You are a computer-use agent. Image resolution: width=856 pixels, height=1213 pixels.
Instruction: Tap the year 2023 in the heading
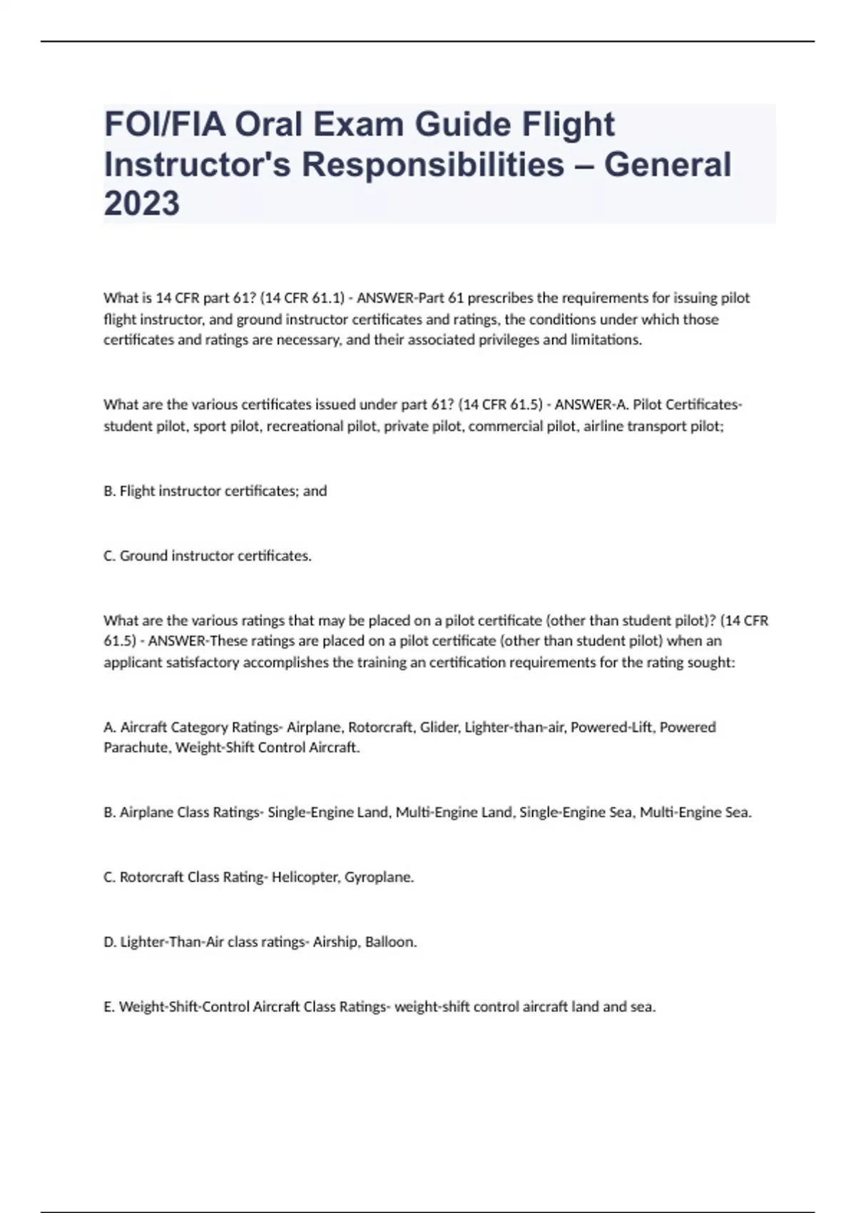pyautogui.click(x=141, y=203)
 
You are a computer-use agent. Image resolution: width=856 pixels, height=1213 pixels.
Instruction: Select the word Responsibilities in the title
pyautogui.click(x=433, y=164)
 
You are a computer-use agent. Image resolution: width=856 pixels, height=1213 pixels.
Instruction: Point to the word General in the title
pyautogui.click(x=668, y=164)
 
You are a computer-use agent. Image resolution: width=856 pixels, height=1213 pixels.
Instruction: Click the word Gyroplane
pyautogui.click(x=379, y=877)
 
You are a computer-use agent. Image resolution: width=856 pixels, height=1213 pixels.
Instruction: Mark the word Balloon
pyautogui.click(x=391, y=942)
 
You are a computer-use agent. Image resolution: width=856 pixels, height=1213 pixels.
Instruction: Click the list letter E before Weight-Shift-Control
pyautogui.click(x=108, y=1007)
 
